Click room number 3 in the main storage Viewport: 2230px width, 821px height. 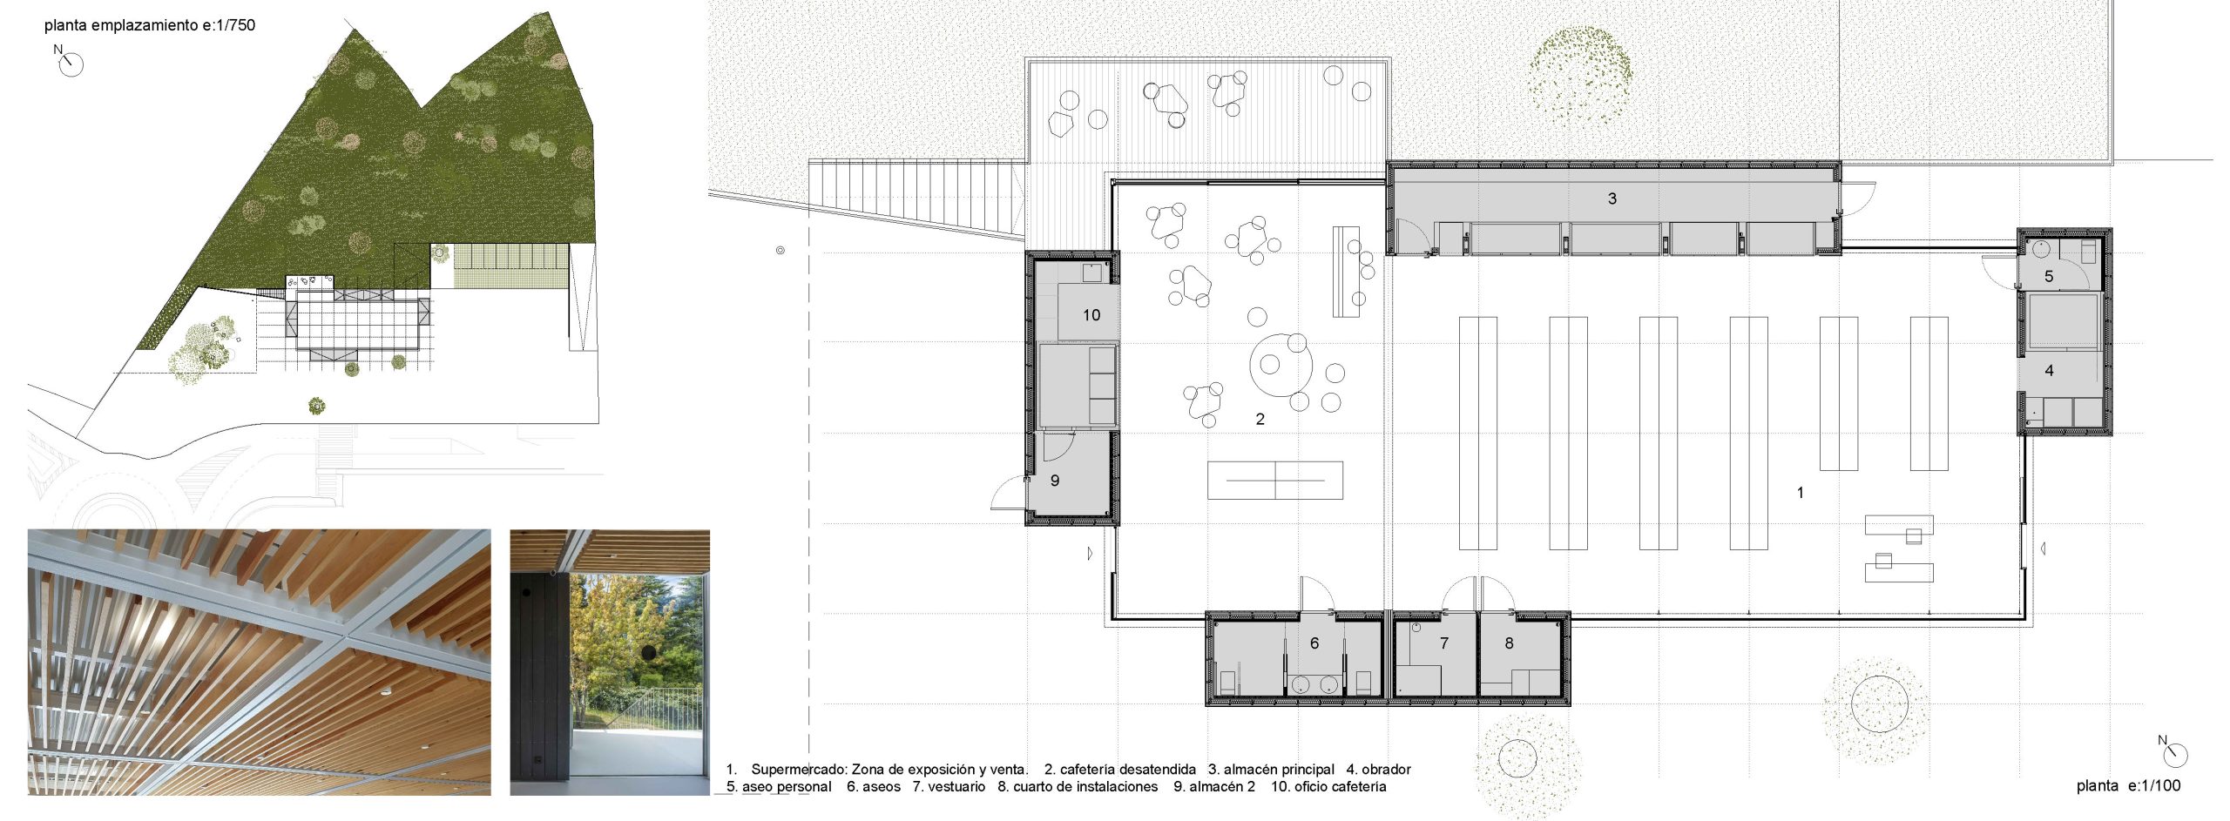(1612, 199)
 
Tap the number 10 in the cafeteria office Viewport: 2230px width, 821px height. (1091, 315)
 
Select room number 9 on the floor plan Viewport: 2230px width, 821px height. (1055, 481)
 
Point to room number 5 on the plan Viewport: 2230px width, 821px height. (2049, 277)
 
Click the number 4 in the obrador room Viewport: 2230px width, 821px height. (2049, 371)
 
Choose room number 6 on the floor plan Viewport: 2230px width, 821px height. (1314, 643)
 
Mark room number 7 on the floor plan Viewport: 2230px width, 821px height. (1444, 643)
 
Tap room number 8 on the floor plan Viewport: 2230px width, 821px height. (1509, 643)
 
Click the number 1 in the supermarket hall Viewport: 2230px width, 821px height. (1801, 493)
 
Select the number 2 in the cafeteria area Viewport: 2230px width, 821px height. (1260, 420)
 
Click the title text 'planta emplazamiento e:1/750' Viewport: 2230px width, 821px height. (150, 25)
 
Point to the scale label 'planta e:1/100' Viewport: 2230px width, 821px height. (2128, 786)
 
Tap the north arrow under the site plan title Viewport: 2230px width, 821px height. (70, 63)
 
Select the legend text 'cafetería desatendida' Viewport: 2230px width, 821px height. (1128, 770)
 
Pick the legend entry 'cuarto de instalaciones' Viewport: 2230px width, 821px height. (1085, 787)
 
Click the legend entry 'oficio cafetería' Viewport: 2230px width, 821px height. (1340, 787)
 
